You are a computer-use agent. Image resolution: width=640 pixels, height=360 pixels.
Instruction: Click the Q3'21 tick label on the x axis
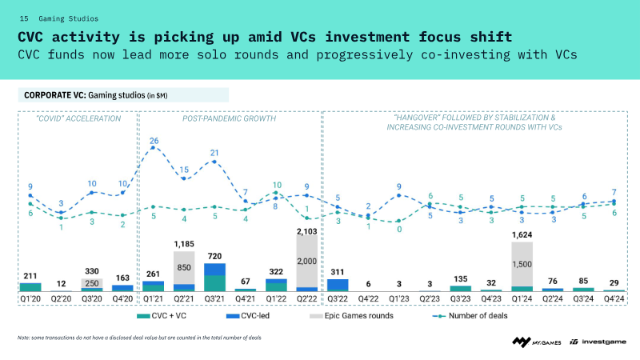214,298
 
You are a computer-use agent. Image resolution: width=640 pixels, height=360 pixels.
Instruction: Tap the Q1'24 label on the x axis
522,298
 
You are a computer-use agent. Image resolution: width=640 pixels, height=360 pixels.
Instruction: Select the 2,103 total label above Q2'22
307,231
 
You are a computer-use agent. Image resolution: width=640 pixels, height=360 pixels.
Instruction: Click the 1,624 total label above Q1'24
522,234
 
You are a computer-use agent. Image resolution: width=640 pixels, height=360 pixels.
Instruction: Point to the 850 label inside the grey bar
184,267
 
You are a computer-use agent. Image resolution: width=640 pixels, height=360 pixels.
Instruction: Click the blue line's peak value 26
154,141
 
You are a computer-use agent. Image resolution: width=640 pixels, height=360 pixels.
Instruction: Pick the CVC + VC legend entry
162,316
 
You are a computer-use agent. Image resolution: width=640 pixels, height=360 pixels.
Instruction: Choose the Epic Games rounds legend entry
351,316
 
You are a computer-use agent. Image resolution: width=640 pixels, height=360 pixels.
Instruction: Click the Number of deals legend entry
470,316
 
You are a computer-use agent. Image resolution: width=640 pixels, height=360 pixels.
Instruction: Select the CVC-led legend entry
248,316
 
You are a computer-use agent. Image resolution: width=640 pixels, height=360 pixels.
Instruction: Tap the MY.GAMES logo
537,342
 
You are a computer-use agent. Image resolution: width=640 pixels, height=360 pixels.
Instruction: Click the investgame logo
598,342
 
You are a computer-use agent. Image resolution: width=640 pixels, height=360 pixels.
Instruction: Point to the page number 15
24,18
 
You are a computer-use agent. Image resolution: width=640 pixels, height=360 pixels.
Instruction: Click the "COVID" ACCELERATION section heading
78,118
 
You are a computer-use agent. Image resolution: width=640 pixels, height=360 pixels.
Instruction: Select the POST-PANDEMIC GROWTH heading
229,118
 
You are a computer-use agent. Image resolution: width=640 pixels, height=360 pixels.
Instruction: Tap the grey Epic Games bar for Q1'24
522,264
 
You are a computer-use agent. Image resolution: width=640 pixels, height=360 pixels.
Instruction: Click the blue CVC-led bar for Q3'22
338,285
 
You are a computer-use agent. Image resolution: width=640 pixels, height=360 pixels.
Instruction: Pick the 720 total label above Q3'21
214,256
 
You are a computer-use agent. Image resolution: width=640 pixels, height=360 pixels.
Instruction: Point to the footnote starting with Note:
139,338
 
